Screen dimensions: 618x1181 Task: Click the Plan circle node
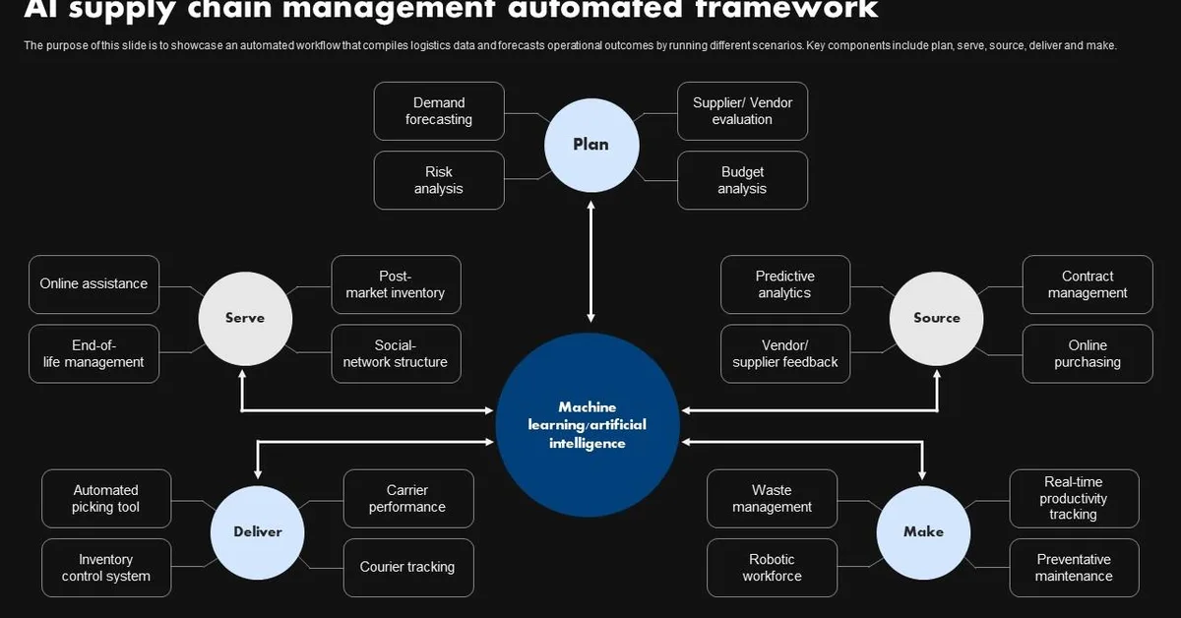click(590, 145)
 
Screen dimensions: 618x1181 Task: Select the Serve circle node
click(245, 318)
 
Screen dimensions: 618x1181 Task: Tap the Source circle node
click(936, 318)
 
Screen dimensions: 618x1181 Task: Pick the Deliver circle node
click(258, 531)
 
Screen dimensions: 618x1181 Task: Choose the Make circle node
click(923, 531)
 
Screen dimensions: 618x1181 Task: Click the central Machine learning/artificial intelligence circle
click(588, 425)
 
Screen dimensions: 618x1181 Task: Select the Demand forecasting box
click(439, 111)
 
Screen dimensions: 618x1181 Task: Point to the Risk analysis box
click(439, 180)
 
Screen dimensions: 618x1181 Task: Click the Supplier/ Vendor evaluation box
click(742, 111)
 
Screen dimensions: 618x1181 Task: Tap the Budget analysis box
click(742, 180)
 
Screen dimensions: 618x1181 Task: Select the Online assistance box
click(93, 284)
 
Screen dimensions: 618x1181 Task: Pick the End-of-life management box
click(93, 354)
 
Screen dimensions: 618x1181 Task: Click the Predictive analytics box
click(785, 285)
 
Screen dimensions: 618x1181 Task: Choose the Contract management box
click(1088, 285)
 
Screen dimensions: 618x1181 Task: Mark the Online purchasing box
click(1088, 354)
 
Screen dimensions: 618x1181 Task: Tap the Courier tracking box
click(407, 568)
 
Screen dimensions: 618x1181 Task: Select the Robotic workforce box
click(772, 568)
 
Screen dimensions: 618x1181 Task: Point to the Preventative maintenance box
click(1074, 568)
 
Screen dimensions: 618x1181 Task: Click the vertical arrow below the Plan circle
click(591, 262)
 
